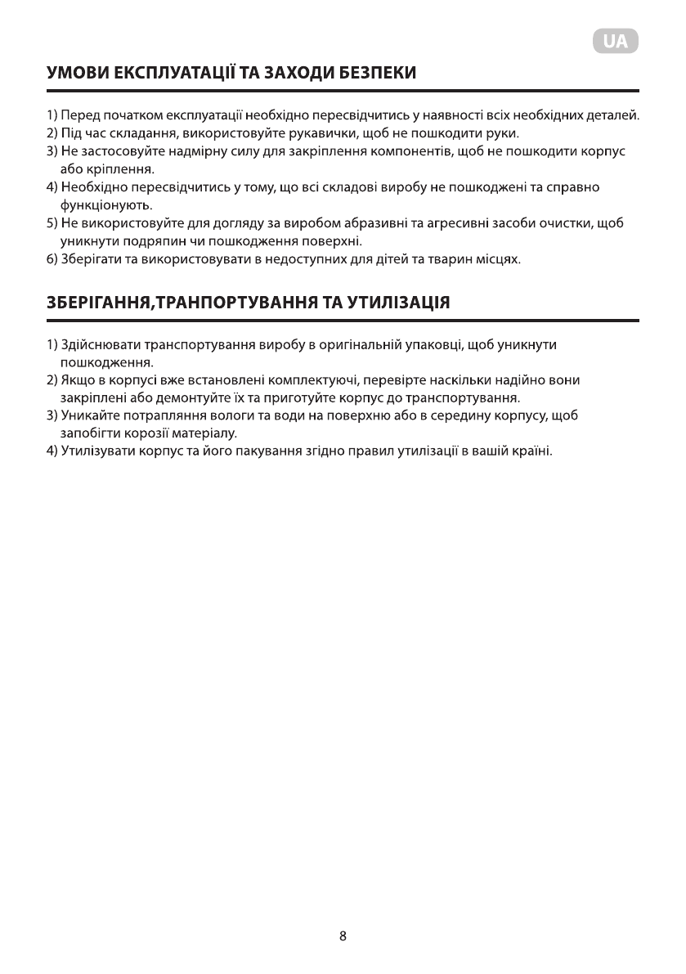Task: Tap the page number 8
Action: [343, 936]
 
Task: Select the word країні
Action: [531, 451]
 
